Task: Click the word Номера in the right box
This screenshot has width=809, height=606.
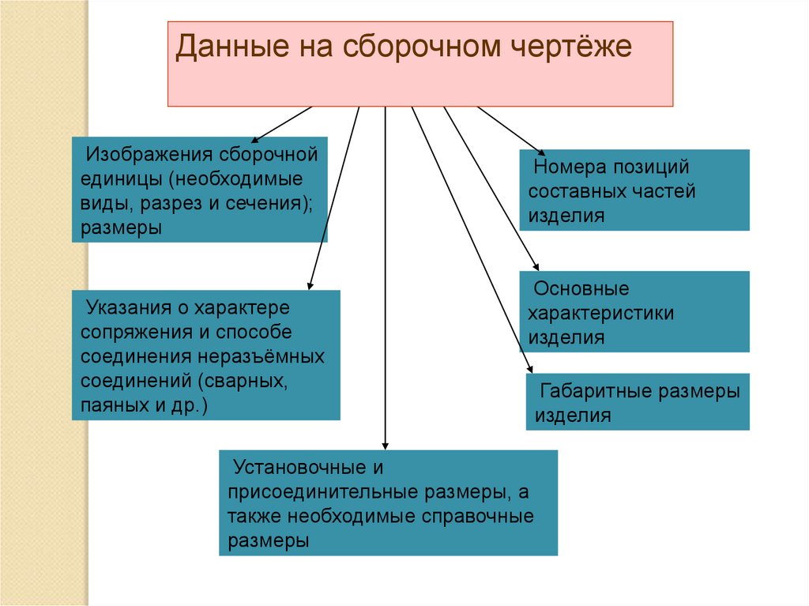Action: [564, 167]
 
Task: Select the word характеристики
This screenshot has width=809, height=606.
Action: [601, 314]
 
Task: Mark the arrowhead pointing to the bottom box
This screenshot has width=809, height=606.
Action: [385, 445]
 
